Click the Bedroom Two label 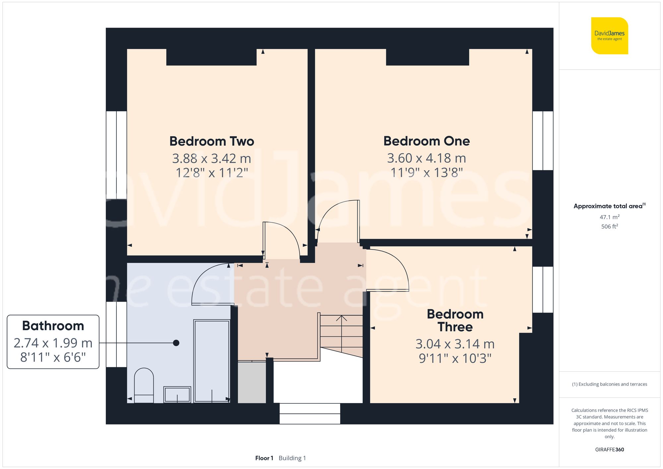(211, 141)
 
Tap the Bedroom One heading (426, 141)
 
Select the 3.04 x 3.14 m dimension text (455, 344)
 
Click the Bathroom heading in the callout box (53, 326)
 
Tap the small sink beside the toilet (177, 394)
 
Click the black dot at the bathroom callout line (176, 343)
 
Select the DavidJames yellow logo (609, 36)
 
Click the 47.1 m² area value (609, 217)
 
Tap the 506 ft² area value (609, 226)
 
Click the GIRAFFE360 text (609, 449)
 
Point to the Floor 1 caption (264, 458)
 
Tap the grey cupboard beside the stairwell (252, 382)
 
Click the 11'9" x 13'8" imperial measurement (426, 173)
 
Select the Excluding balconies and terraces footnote (609, 384)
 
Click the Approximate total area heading (608, 206)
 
